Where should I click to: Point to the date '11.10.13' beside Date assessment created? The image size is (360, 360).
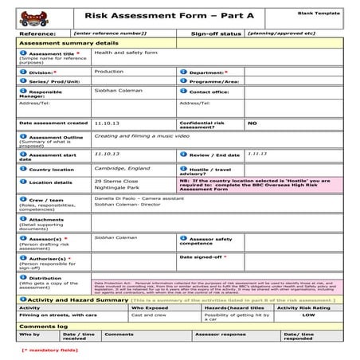coord(106,123)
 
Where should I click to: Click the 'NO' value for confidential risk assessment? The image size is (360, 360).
coord(252,123)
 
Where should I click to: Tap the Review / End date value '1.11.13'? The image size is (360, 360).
coord(256,153)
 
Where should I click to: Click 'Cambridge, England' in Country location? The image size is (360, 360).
coord(120,169)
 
